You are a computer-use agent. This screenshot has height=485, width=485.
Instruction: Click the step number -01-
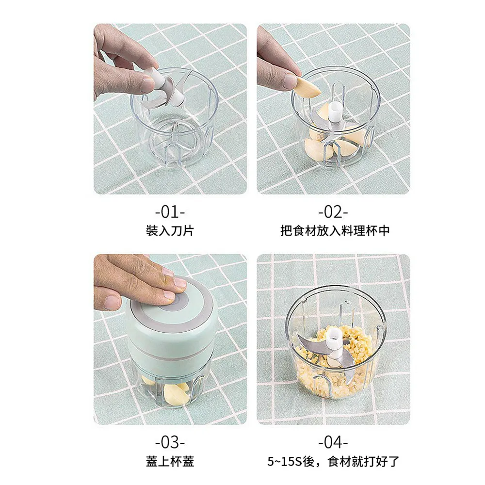click(x=170, y=212)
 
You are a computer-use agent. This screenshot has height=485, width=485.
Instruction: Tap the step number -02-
click(x=333, y=212)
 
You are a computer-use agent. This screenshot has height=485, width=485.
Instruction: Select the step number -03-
click(x=170, y=443)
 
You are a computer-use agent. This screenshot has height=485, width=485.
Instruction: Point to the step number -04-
click(x=333, y=443)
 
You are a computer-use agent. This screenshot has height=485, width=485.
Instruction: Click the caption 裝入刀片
click(x=170, y=231)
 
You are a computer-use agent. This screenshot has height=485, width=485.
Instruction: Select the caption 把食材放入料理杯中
click(x=335, y=231)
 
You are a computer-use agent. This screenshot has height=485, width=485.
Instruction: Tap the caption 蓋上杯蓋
click(x=170, y=462)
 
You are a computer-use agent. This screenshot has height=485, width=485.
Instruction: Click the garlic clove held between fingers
click(x=306, y=87)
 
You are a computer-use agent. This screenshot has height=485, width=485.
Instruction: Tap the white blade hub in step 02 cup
click(x=334, y=113)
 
